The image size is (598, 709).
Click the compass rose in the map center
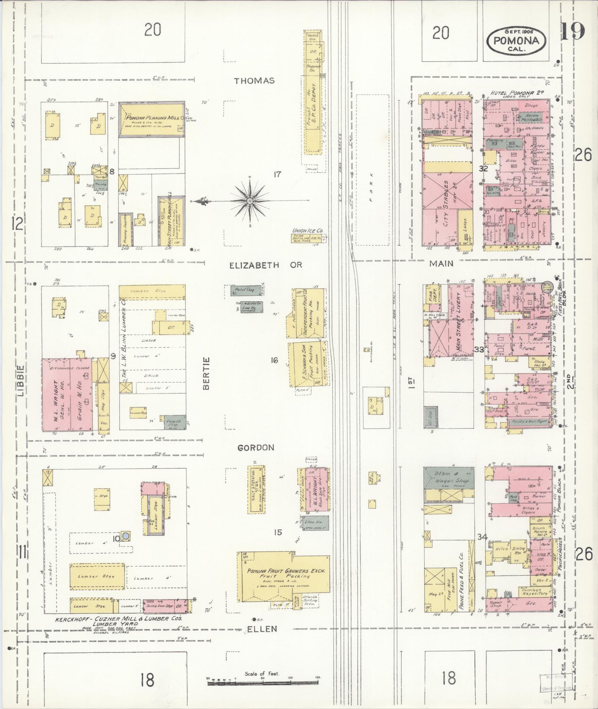tap(250, 201)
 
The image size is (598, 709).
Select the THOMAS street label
tap(254, 80)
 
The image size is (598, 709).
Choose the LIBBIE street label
tap(20, 381)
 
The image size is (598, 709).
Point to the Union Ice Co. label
tap(307, 231)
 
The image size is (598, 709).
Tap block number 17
tap(277, 174)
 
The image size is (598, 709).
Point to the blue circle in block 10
tap(126, 535)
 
